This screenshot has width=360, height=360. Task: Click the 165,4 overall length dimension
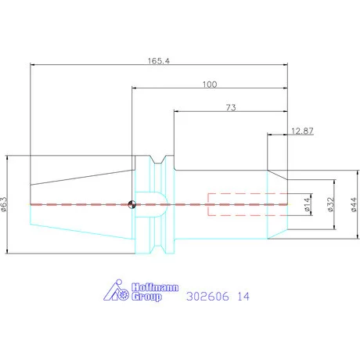coord(159,61)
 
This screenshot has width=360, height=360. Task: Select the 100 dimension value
coord(210,85)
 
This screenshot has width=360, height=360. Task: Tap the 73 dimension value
coord(231,107)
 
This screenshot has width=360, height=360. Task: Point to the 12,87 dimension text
coord(302,131)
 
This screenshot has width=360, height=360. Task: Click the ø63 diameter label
coord(5,204)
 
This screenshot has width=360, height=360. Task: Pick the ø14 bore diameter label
coord(308,204)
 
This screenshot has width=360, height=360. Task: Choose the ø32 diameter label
coord(330,204)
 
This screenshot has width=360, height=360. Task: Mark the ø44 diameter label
coord(354,204)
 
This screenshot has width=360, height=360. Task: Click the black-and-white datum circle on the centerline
coord(132,204)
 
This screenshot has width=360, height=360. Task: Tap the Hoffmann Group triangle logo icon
coord(116,290)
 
